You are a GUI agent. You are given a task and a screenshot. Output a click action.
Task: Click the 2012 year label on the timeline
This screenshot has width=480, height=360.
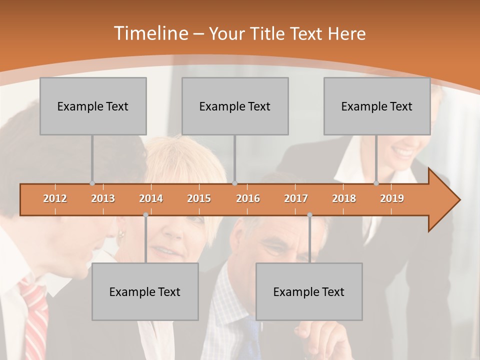click(55, 198)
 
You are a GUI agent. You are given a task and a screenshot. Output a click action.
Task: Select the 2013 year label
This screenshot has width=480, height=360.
click(103, 198)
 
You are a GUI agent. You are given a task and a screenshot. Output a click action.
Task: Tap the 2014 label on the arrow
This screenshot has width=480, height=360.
click(151, 198)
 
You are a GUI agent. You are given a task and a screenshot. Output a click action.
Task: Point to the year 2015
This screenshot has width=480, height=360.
click(199, 198)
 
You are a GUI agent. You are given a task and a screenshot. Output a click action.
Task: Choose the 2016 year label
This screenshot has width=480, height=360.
click(248, 198)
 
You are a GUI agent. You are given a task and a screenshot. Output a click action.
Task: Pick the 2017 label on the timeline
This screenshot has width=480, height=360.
click(296, 198)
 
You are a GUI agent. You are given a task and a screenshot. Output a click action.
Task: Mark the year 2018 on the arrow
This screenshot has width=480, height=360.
click(344, 198)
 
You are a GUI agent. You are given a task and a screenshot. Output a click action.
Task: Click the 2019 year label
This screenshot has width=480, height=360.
click(392, 198)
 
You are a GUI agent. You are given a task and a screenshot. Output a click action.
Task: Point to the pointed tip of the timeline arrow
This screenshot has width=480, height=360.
click(458, 200)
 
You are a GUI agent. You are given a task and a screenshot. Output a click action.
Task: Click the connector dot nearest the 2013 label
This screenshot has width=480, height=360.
click(92, 183)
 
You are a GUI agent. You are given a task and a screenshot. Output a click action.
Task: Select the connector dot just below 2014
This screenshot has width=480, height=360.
click(145, 215)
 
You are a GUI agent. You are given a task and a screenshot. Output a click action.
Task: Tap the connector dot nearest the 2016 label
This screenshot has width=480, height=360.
click(234, 183)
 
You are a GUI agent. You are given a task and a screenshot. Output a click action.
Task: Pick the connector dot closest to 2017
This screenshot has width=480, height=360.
click(309, 215)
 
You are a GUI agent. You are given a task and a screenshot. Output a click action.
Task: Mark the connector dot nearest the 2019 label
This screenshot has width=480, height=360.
click(376, 183)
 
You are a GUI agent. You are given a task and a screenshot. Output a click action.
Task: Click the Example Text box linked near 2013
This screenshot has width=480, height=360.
click(93, 106)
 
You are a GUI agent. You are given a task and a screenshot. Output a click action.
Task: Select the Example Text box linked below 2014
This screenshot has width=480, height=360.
click(145, 291)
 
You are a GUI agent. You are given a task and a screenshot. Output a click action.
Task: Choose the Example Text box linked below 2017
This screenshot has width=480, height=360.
click(309, 291)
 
